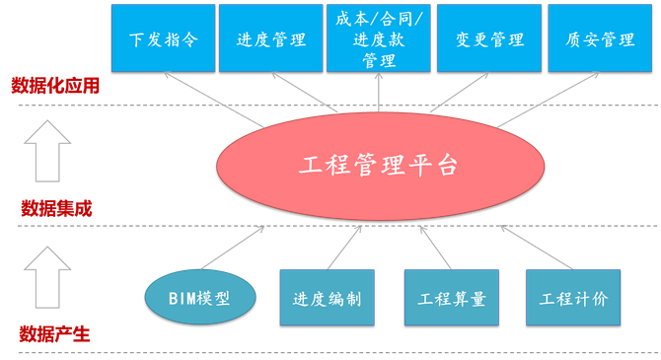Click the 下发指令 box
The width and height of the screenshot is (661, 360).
159,39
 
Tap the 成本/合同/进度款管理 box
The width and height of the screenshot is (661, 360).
379,39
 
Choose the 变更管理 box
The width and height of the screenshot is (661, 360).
489,39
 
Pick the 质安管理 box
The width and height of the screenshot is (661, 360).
600,39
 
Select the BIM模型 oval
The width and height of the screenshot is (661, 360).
200,297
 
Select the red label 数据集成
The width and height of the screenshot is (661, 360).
56,208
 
